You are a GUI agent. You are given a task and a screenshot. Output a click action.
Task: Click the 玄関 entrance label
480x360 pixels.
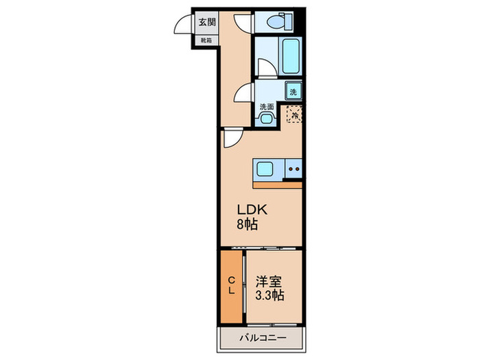[x=207, y=22]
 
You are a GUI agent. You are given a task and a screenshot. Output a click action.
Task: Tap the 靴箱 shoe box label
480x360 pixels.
[x=206, y=40]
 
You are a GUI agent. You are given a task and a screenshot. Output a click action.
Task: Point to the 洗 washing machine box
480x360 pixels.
[x=293, y=91]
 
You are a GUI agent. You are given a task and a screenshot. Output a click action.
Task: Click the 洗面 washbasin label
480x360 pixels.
[x=266, y=106]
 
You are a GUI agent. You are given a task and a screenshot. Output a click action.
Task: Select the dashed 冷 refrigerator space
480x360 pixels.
[x=294, y=115]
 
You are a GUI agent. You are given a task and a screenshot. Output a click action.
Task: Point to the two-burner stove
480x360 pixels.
[x=293, y=168]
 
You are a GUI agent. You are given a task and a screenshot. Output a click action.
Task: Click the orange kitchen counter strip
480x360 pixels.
[x=278, y=184]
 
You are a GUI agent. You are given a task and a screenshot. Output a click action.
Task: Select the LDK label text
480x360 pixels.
[x=252, y=209]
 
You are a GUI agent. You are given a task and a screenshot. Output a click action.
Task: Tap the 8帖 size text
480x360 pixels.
[x=248, y=224]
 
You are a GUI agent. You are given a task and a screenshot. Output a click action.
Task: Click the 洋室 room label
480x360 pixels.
[x=269, y=281]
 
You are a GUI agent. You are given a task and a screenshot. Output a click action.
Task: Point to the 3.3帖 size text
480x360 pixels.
[x=269, y=296]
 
